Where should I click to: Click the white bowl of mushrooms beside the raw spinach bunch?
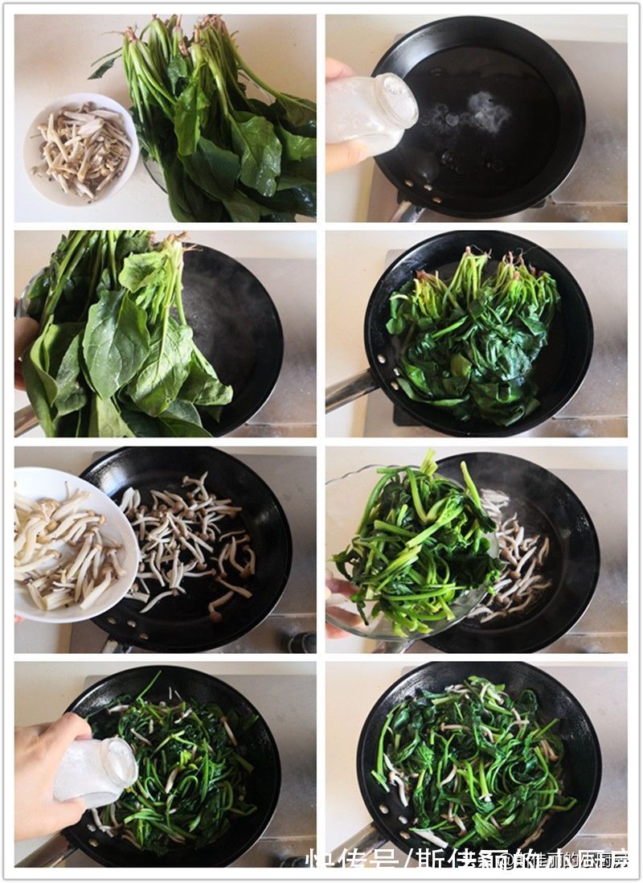(x=80, y=149)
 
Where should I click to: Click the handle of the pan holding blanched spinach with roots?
(x=350, y=391)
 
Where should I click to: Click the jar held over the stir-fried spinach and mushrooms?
(x=96, y=772)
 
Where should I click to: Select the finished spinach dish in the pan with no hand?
(x=474, y=764)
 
